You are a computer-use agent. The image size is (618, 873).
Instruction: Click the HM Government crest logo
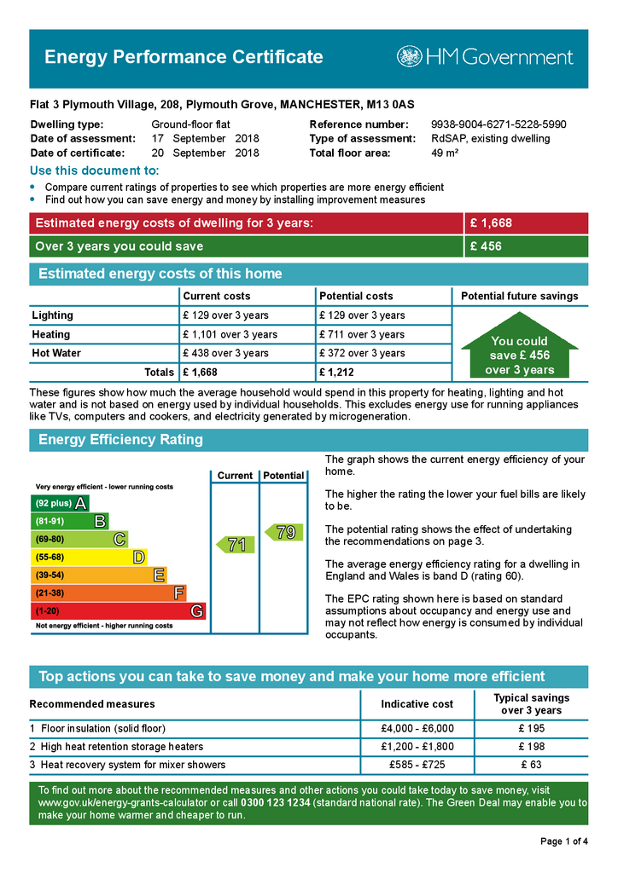(x=409, y=57)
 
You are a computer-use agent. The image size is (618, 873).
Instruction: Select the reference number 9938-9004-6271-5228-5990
(x=498, y=124)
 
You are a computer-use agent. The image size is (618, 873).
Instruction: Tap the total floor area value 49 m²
(x=445, y=153)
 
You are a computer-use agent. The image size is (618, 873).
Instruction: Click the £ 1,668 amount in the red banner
(x=491, y=223)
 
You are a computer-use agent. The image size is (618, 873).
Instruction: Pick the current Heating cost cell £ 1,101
(x=230, y=334)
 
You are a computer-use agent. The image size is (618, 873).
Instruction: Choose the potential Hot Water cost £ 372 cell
(x=362, y=353)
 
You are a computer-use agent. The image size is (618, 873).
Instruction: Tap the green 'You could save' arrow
(x=519, y=350)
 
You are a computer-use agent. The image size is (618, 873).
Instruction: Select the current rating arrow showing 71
(x=234, y=545)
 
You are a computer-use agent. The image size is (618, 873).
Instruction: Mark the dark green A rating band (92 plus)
(x=60, y=503)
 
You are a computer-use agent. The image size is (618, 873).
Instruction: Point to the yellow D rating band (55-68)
(x=89, y=557)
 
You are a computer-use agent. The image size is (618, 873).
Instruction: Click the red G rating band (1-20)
(x=119, y=610)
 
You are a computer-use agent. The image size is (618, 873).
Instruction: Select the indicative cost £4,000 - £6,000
(x=417, y=729)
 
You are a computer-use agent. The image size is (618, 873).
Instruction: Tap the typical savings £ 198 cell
(x=531, y=747)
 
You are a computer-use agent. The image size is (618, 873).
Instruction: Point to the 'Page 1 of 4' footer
(x=564, y=841)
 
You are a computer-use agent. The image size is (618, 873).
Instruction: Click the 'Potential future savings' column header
(x=519, y=296)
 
